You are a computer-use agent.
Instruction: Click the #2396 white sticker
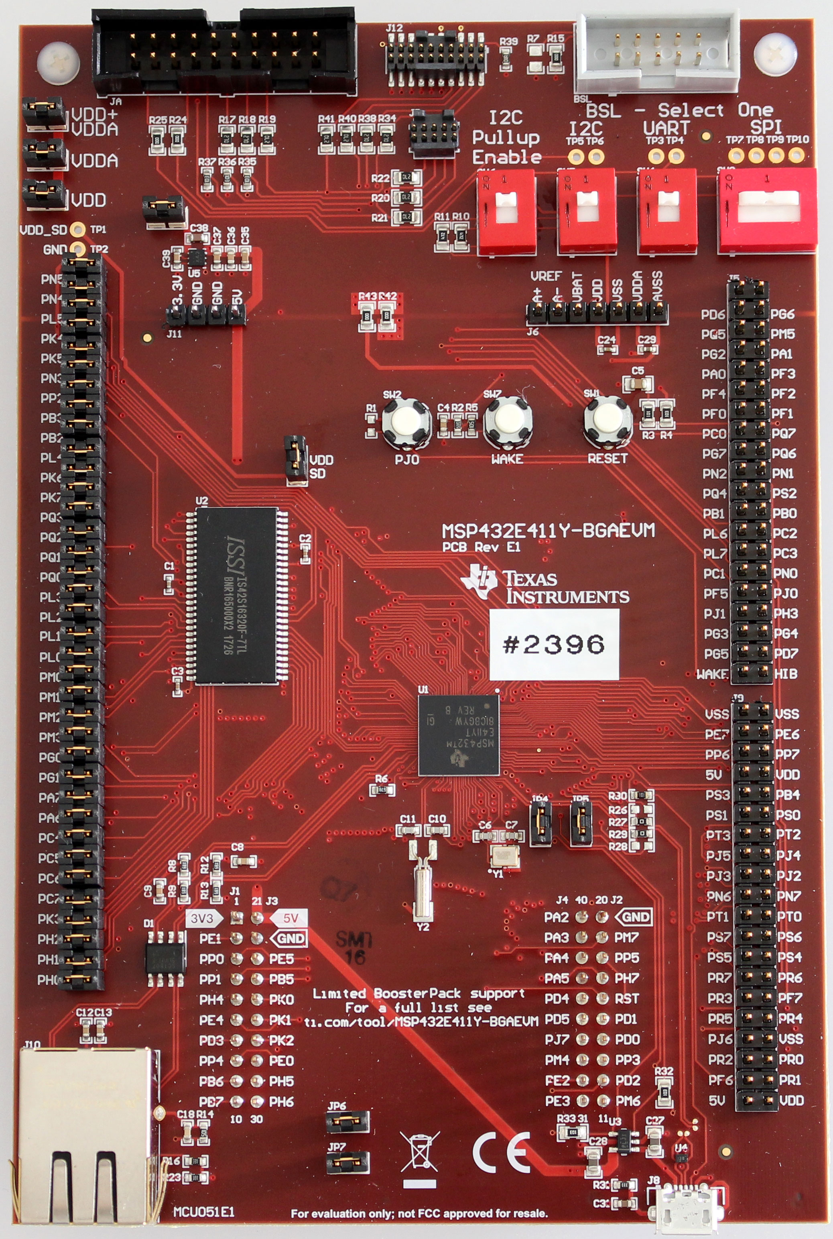[554, 644]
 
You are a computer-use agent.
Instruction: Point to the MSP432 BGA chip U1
[459, 735]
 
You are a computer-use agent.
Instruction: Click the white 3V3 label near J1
[202, 918]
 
